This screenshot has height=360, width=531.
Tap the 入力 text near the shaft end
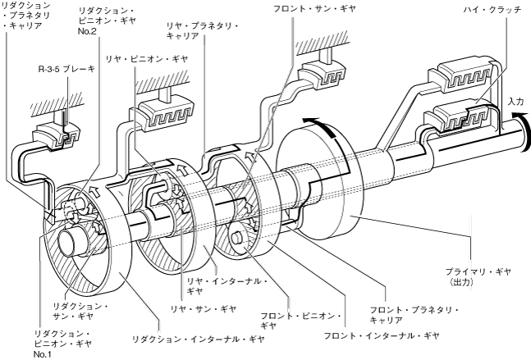515,101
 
